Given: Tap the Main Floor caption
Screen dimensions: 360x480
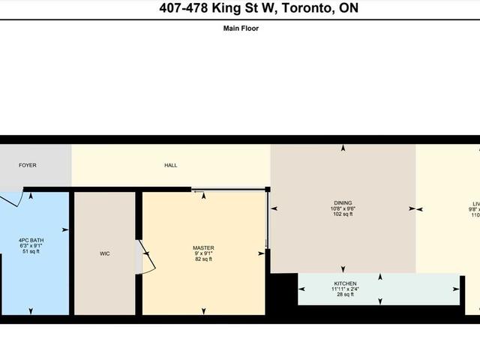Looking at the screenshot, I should click(241, 28).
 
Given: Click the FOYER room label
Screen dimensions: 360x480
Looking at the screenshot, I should click(27, 165).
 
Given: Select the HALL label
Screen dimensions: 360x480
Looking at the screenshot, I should click(171, 165).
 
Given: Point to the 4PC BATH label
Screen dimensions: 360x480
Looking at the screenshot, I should click(31, 240).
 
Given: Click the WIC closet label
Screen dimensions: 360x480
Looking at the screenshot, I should click(104, 254).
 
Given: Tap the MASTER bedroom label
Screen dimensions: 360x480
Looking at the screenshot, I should click(203, 247).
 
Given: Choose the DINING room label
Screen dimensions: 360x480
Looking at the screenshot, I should click(343, 202).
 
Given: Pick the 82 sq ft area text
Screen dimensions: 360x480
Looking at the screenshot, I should click(203, 259).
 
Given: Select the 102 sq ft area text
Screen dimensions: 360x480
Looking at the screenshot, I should click(343, 214).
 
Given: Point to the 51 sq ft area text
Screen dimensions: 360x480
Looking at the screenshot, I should click(31, 252).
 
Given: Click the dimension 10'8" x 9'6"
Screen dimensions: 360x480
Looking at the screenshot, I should click(343, 208).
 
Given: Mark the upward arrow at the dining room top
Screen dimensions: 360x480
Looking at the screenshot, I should click(343, 148).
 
